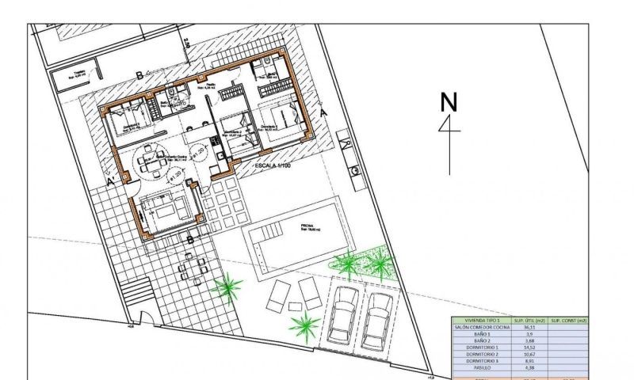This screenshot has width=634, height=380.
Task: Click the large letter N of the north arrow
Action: coord(449,103)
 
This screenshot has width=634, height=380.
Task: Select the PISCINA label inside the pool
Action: coord(307,227)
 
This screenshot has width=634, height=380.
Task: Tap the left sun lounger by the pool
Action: coord(280,296)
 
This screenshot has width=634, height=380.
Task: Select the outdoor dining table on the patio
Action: coord(192,270)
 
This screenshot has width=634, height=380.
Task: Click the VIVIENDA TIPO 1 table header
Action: coord(478,320)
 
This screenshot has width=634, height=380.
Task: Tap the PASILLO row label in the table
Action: coord(478,367)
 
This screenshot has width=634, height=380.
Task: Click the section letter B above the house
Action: coord(140,75)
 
